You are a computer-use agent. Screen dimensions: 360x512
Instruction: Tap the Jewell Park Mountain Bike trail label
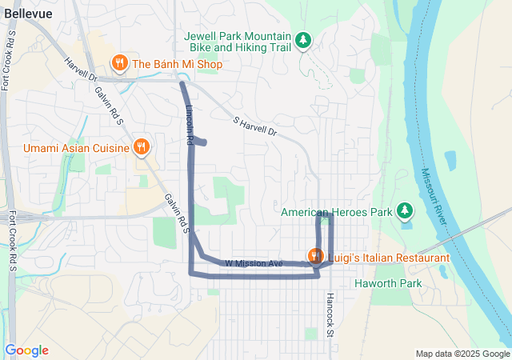click(236, 42)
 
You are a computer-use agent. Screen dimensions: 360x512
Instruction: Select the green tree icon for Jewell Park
click(303, 39)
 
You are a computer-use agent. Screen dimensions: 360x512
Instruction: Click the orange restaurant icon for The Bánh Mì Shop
click(119, 63)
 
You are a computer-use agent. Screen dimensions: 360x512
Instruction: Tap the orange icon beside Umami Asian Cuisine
click(142, 147)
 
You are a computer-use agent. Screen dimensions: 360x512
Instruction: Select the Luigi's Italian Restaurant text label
click(387, 258)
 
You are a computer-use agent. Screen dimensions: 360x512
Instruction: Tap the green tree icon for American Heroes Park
click(406, 211)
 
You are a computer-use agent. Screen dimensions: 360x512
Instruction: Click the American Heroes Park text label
click(336, 212)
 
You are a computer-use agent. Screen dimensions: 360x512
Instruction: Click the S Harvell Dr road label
click(254, 126)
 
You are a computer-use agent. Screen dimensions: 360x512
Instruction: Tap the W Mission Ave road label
click(254, 263)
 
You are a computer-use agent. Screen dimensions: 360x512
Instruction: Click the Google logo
click(26, 350)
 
